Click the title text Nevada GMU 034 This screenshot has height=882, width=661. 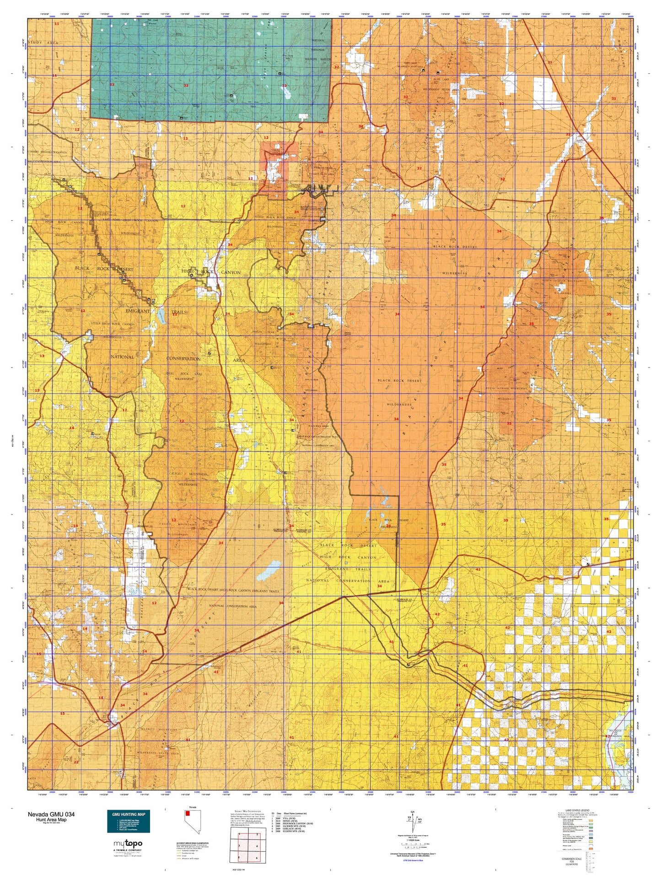[51, 814]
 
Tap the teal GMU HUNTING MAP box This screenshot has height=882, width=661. [128, 821]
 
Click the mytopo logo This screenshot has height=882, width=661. [128, 843]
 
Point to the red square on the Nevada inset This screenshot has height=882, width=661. [187, 813]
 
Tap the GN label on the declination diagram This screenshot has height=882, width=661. [413, 812]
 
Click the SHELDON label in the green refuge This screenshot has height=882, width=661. [318, 40]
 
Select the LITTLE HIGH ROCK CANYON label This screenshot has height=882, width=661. [112, 324]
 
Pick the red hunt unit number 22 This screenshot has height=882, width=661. [76, 762]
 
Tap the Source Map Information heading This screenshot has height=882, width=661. [247, 811]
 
